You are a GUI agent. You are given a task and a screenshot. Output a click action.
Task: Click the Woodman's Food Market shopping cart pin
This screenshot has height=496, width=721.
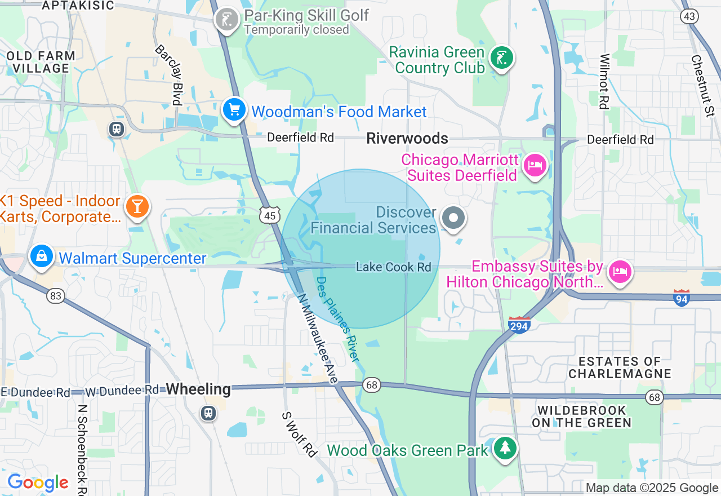click(234, 109)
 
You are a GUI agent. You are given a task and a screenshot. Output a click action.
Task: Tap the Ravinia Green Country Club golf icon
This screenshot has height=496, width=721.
click(501, 57)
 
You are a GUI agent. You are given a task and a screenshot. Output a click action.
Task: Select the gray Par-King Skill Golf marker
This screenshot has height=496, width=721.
click(227, 20)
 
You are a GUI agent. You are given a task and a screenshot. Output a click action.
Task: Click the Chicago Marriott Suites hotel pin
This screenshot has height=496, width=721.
click(535, 166)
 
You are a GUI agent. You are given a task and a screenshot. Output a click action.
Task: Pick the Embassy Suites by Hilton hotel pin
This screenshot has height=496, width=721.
click(620, 272)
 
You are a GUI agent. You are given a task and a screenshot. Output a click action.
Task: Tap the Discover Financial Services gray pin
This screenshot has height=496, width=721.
click(453, 218)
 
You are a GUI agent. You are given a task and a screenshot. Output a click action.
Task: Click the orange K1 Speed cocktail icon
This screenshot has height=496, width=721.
click(137, 206)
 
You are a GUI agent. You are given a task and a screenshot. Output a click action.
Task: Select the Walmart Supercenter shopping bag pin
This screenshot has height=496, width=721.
click(42, 256)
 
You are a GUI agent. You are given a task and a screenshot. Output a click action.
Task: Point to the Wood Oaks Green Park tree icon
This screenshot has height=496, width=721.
click(505, 448)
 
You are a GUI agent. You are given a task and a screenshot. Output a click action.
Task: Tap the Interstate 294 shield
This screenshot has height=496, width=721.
click(519, 325)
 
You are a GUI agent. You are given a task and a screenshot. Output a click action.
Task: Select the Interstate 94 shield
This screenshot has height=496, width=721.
click(682, 298)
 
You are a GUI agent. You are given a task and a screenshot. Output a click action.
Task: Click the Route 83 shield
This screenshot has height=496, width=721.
click(55, 295)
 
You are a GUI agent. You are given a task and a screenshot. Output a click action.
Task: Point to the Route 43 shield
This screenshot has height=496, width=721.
click(689, 16)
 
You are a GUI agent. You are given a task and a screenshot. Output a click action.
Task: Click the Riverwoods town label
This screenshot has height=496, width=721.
click(407, 138)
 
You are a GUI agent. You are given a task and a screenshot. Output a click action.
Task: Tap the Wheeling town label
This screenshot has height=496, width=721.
click(198, 389)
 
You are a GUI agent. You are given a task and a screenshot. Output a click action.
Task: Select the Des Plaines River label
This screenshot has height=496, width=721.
click(337, 319)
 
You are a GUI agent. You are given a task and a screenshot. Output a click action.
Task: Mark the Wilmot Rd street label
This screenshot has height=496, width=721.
click(604, 81)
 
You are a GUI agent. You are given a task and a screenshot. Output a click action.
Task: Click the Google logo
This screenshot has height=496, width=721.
click(38, 483)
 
